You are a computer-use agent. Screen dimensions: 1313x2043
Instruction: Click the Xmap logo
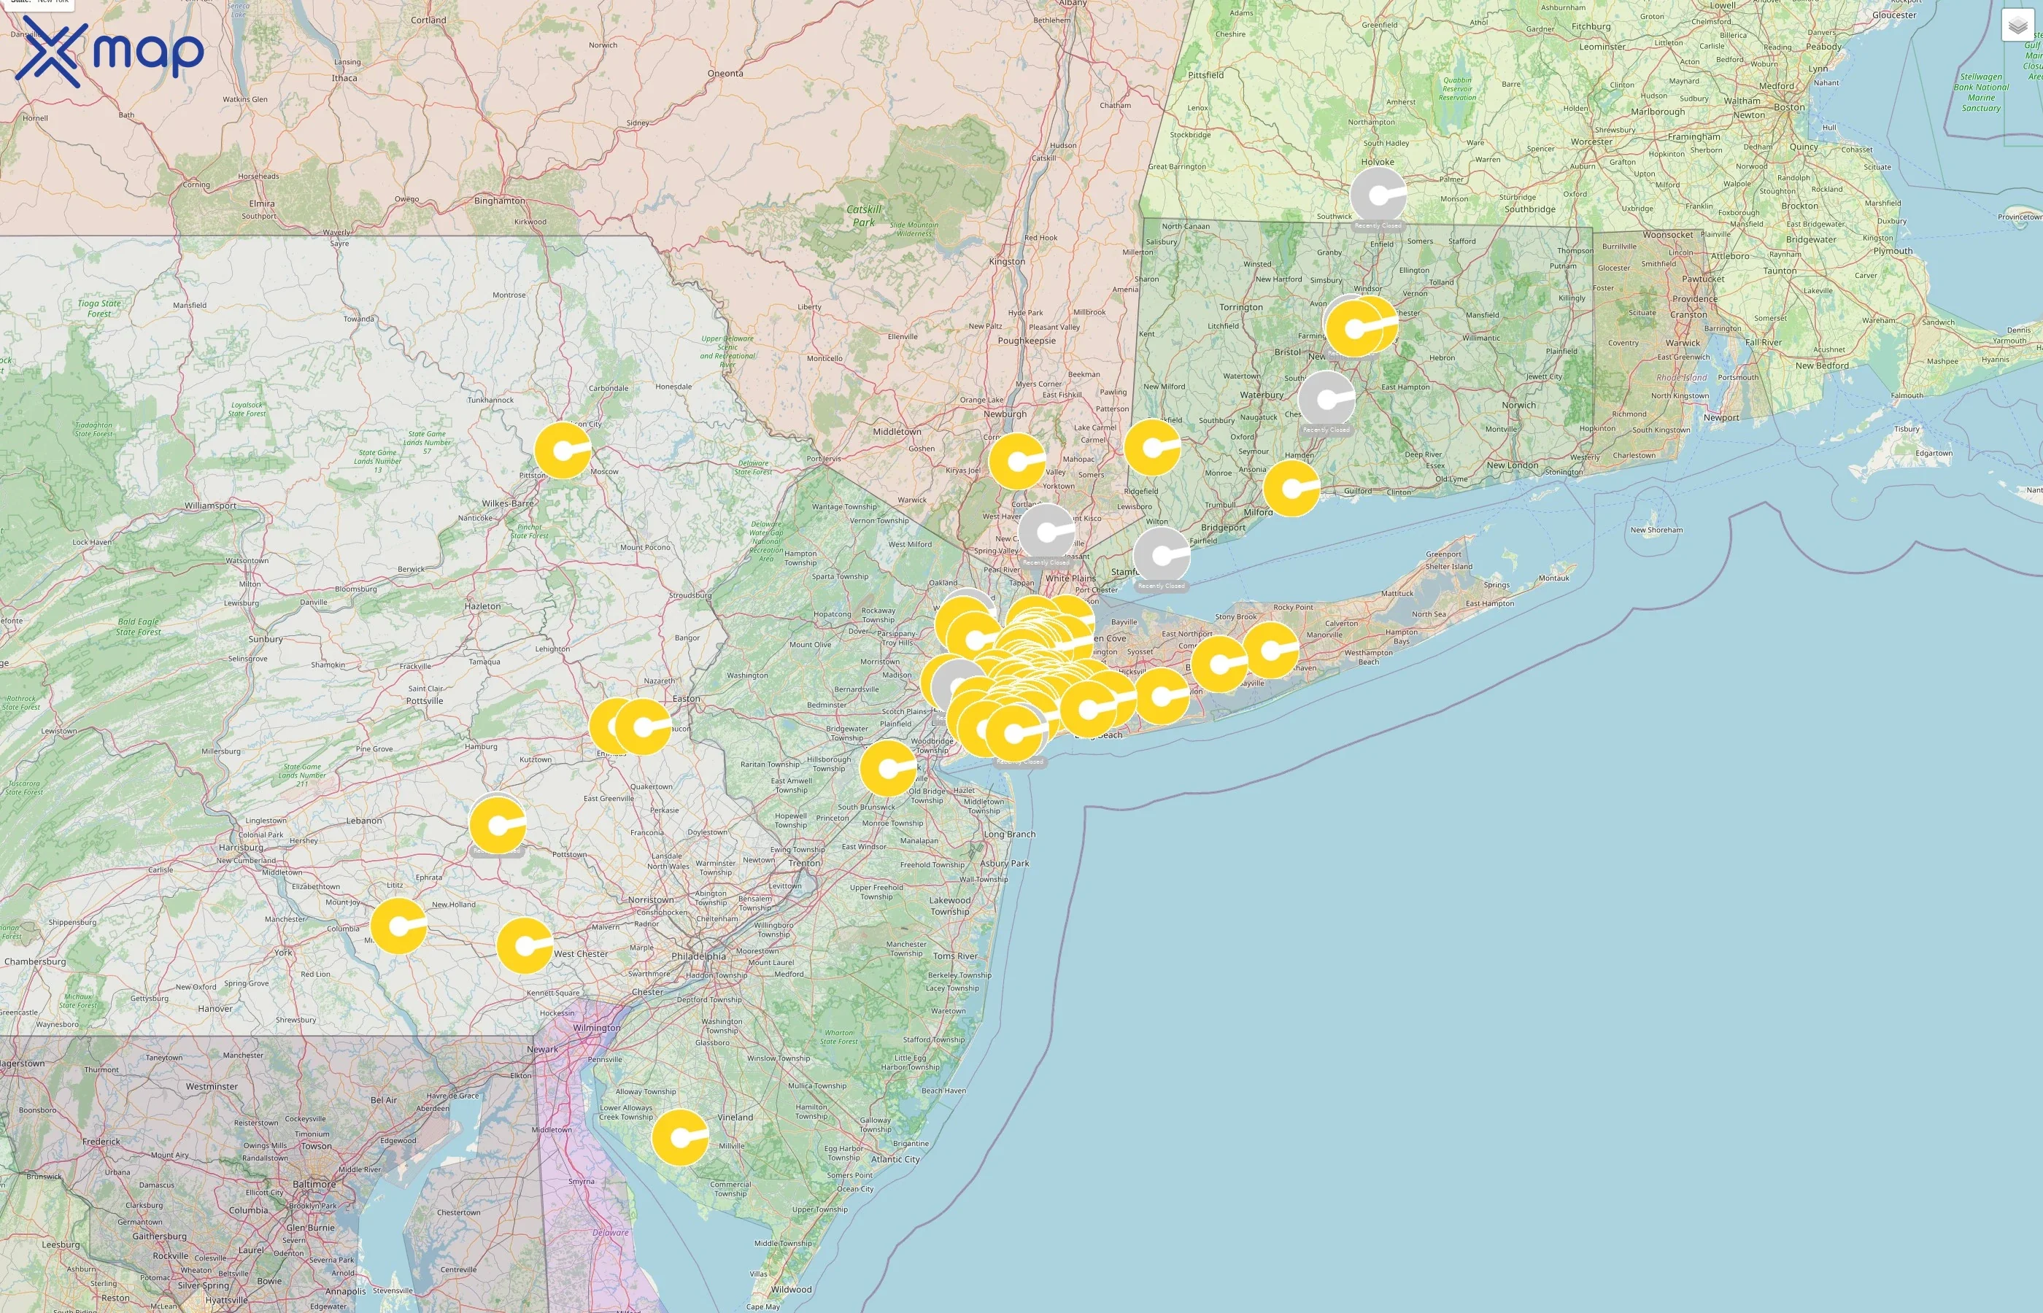(x=109, y=51)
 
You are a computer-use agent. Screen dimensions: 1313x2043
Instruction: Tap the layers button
(x=2017, y=26)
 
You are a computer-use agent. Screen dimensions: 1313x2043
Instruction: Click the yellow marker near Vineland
(x=679, y=1137)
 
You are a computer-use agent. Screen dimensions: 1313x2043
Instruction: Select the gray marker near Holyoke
(x=1377, y=195)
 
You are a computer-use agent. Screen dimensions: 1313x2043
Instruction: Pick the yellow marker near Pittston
(x=562, y=449)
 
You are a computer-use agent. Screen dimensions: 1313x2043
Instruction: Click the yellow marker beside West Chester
(x=525, y=945)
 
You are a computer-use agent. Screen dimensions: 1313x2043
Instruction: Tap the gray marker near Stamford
(x=1162, y=555)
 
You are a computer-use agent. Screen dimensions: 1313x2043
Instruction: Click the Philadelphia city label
(x=698, y=956)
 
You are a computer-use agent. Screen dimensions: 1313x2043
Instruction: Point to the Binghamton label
(x=500, y=201)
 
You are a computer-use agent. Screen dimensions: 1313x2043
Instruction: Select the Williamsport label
(x=211, y=506)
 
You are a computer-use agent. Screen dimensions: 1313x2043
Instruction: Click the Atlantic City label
(x=895, y=1160)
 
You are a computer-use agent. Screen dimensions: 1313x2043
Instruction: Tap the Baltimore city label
(x=314, y=1185)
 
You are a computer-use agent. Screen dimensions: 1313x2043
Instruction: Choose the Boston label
(x=1789, y=107)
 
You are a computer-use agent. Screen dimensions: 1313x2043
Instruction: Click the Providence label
(x=1694, y=299)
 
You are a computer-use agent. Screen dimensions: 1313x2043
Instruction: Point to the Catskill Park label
(x=864, y=216)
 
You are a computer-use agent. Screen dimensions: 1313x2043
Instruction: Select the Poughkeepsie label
(x=1027, y=341)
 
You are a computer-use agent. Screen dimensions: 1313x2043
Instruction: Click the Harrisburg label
(x=242, y=848)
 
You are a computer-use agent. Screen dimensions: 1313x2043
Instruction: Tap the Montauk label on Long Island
(x=1553, y=578)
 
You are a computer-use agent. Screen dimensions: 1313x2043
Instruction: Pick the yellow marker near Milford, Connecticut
(x=1291, y=488)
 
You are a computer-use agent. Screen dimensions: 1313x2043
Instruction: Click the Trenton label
(x=804, y=863)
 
